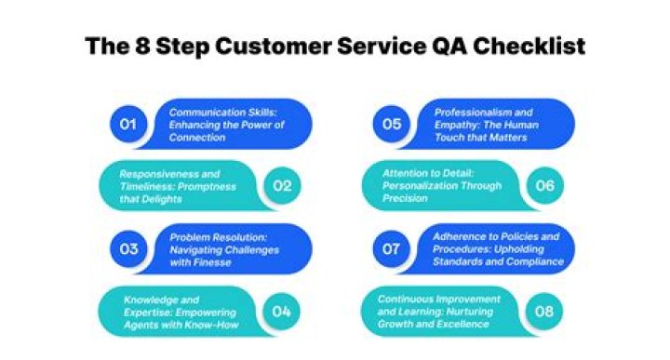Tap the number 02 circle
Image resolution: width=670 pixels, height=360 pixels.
coord(282,185)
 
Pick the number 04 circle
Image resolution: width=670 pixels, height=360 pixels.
coord(282,311)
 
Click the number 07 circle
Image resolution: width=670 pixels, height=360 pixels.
coord(392,248)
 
